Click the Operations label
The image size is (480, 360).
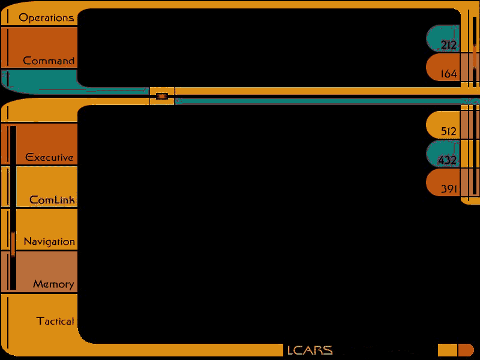pyautogui.click(x=46, y=18)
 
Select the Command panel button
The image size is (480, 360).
pyautogui.click(x=39, y=47)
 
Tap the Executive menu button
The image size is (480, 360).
pyautogui.click(x=39, y=144)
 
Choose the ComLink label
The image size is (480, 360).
pyautogui.click(x=52, y=200)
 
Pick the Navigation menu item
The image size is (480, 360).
pyautogui.click(x=39, y=229)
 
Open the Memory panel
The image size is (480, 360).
pyautogui.click(x=39, y=272)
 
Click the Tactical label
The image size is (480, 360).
pyautogui.click(x=55, y=321)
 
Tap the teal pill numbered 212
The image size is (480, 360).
pyautogui.click(x=443, y=38)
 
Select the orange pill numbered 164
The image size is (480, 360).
pyautogui.click(x=443, y=67)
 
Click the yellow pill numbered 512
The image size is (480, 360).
pyautogui.click(x=443, y=125)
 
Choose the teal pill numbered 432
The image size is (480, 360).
pyautogui.click(x=443, y=154)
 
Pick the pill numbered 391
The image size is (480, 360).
pyautogui.click(x=443, y=182)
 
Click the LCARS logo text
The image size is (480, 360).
pyautogui.click(x=310, y=350)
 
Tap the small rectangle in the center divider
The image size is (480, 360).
pyautogui.click(x=161, y=97)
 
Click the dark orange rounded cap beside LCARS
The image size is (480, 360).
pyautogui.click(x=466, y=350)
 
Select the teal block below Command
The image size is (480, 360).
pyautogui.click(x=39, y=80)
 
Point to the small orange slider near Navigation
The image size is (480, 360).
pyautogui.click(x=13, y=244)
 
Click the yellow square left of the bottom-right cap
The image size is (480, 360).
pyautogui.click(x=447, y=350)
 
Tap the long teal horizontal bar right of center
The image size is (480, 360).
pyautogui.click(x=327, y=101)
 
